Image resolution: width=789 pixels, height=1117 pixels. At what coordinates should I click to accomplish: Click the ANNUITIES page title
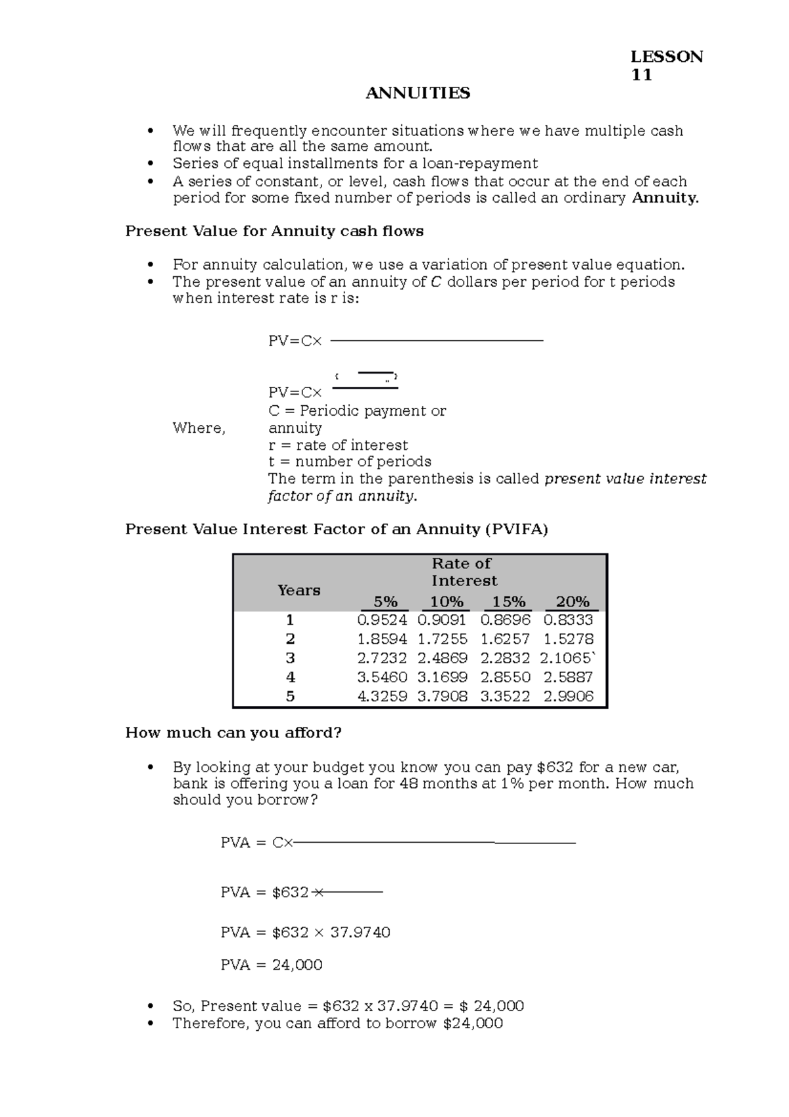coord(418,93)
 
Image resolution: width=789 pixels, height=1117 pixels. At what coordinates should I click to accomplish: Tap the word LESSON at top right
coord(667,57)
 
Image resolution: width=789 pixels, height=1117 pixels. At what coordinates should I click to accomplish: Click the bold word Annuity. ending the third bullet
coord(665,198)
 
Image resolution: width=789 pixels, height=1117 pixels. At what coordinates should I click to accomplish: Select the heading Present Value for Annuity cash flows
coord(274,232)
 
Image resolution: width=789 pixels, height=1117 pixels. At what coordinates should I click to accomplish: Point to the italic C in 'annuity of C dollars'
coord(435,282)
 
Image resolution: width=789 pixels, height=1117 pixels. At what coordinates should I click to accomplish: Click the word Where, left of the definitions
coord(199,428)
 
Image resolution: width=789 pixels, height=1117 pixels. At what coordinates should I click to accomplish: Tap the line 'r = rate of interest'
coord(338,445)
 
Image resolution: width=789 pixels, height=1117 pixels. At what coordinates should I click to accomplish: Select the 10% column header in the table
coord(446,602)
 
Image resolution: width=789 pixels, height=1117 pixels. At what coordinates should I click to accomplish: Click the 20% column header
coord(572,602)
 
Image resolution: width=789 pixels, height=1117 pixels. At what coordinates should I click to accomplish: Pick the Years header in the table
coord(299,590)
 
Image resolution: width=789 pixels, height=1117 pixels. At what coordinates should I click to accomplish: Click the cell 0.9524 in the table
coord(382,620)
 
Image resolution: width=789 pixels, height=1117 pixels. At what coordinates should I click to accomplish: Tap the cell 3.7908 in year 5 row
coord(442,697)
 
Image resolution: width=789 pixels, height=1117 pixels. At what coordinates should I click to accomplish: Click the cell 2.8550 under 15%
coord(505,678)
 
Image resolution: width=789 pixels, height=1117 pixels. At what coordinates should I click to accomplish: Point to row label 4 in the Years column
coord(291,678)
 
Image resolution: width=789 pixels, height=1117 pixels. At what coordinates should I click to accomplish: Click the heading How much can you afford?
coord(233,733)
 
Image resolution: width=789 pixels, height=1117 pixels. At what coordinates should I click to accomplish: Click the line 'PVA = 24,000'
coord(272,965)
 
